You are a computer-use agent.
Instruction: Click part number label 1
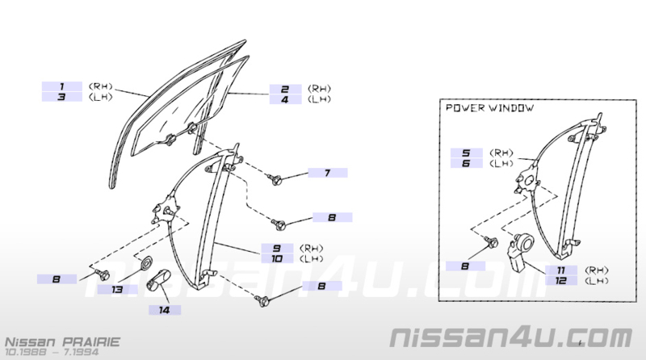pos(62,86)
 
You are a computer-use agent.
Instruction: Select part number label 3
pos(62,97)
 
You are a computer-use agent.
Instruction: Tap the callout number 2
pos(285,89)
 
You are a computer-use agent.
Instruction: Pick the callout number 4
pos(285,99)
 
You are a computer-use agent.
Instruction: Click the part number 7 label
pos(328,173)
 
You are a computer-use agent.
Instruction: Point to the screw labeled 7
pos(275,179)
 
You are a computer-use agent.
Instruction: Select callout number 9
pos(277,249)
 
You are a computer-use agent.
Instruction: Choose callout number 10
pos(277,258)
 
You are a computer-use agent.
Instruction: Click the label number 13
pos(117,290)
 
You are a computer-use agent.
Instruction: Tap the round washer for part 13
pos(146,262)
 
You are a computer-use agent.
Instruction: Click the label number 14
pos(165,310)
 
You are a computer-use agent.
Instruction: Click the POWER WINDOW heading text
pos(490,108)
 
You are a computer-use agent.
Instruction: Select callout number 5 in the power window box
pos(466,153)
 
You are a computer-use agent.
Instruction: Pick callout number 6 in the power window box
pos(466,163)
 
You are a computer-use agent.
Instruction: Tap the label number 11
pos(561,270)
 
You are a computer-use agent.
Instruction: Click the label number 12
pos(561,281)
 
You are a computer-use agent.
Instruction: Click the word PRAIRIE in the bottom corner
pos(91,342)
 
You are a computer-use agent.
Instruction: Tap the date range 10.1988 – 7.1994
pos(52,352)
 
